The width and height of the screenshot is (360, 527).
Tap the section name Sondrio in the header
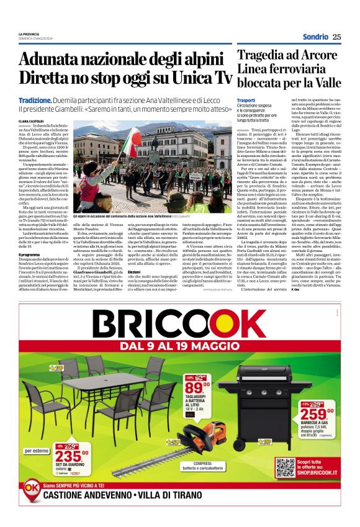[315, 37]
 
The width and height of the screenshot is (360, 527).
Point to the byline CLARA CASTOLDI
[32, 121]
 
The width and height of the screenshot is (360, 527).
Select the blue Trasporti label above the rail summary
[248, 100]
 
